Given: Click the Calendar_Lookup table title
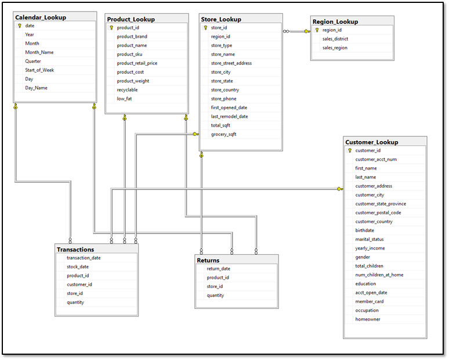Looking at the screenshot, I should (x=41, y=17).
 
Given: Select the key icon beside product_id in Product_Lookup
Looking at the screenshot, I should (x=111, y=28).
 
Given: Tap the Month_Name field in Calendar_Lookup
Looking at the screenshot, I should (x=39, y=52).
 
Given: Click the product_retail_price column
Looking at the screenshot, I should (x=137, y=63).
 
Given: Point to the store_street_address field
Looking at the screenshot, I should (x=231, y=63).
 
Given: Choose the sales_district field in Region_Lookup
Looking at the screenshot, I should (x=335, y=39).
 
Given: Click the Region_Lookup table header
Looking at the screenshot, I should (x=335, y=21).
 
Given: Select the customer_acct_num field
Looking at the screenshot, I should (x=376, y=159).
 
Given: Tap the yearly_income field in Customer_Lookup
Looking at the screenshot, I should (x=370, y=248).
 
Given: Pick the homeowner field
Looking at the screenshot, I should (x=368, y=319).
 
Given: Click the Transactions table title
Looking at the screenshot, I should (x=75, y=249).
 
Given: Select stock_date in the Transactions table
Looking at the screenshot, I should (x=78, y=267).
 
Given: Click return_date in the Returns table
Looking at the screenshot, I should (x=219, y=269).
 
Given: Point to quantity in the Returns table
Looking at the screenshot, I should (x=215, y=296).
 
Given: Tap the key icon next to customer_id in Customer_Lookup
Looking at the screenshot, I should (x=350, y=150).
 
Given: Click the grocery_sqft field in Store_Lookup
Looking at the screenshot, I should (x=223, y=134).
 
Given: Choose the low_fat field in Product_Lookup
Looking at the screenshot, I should (x=125, y=99).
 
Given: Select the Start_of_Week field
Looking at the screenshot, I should (x=39, y=70).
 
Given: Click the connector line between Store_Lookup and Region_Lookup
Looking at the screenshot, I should (x=296, y=31).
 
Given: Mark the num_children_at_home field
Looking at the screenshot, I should (x=379, y=275).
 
